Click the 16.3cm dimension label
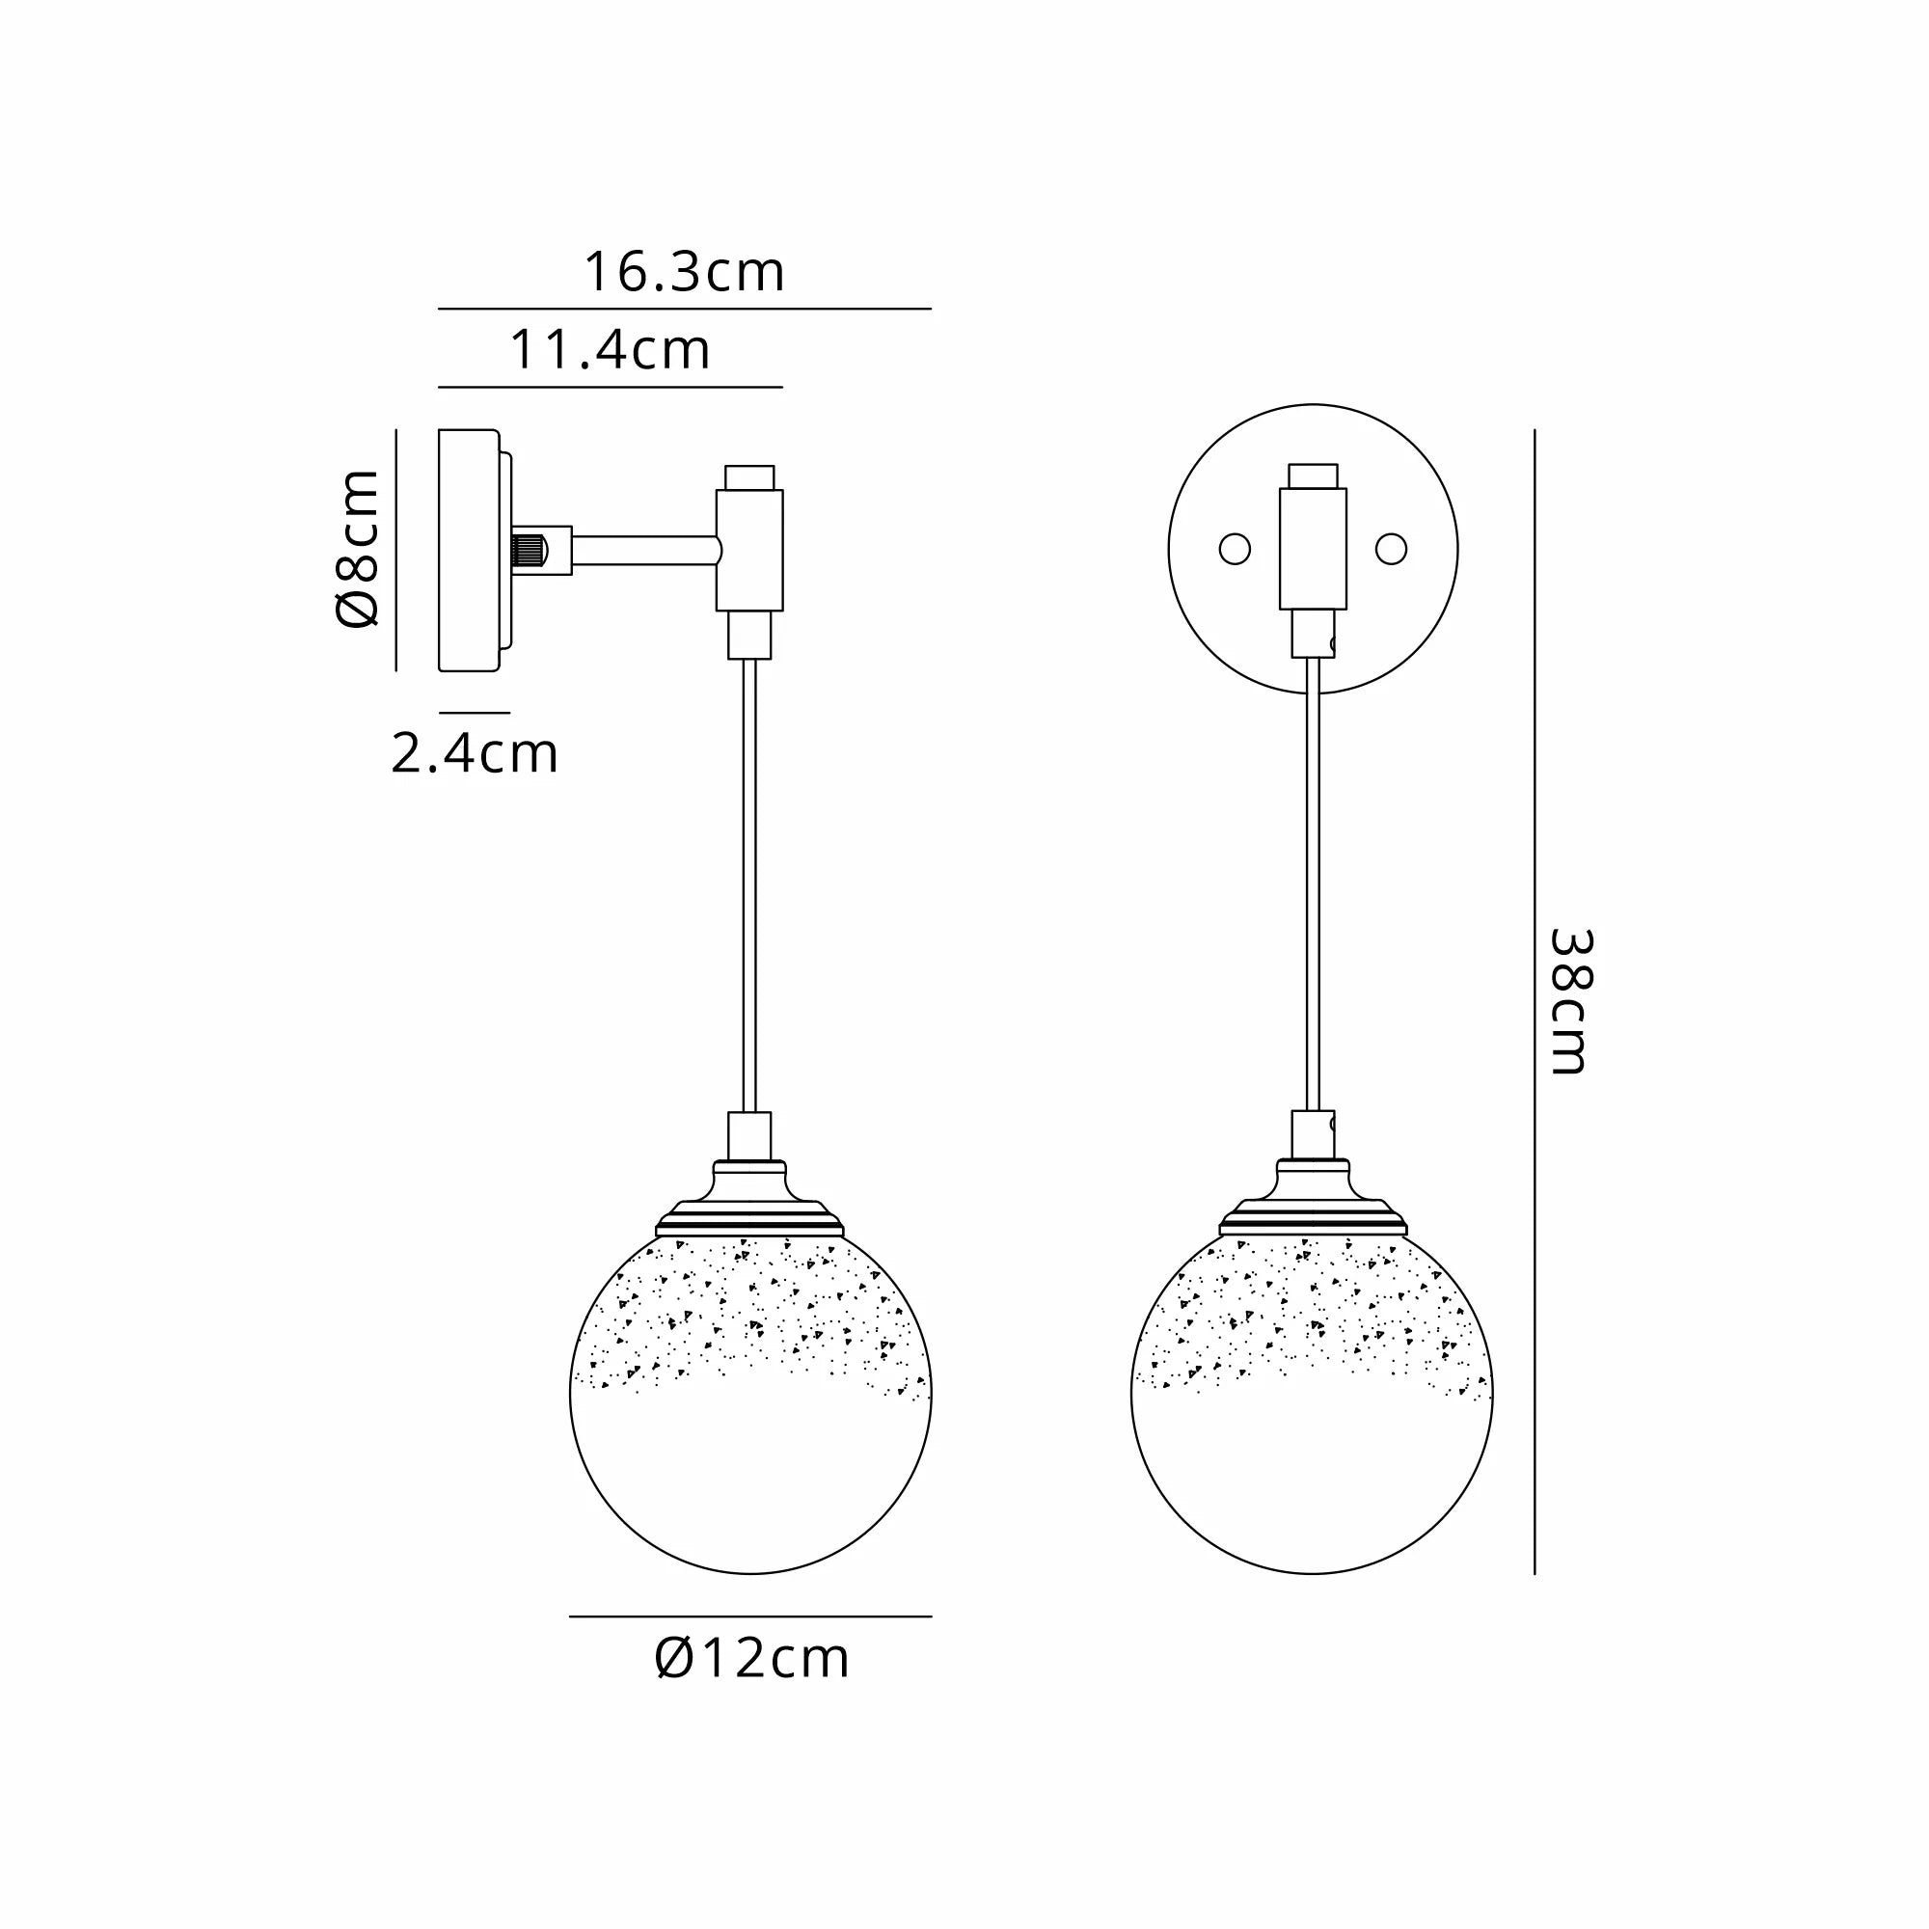click(684, 273)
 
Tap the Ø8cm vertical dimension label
click(358, 548)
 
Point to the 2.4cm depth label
click(475, 754)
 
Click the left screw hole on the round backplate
click(1235, 549)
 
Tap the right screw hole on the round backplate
click(1391, 549)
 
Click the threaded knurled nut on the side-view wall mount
click(529, 549)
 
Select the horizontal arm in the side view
click(644, 549)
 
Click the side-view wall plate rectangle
click(469, 549)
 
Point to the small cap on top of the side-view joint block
click(748, 476)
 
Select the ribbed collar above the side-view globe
click(749, 1218)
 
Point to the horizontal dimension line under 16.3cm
click(684, 309)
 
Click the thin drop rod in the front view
click(1312, 879)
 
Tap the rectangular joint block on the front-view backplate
click(1312, 548)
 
